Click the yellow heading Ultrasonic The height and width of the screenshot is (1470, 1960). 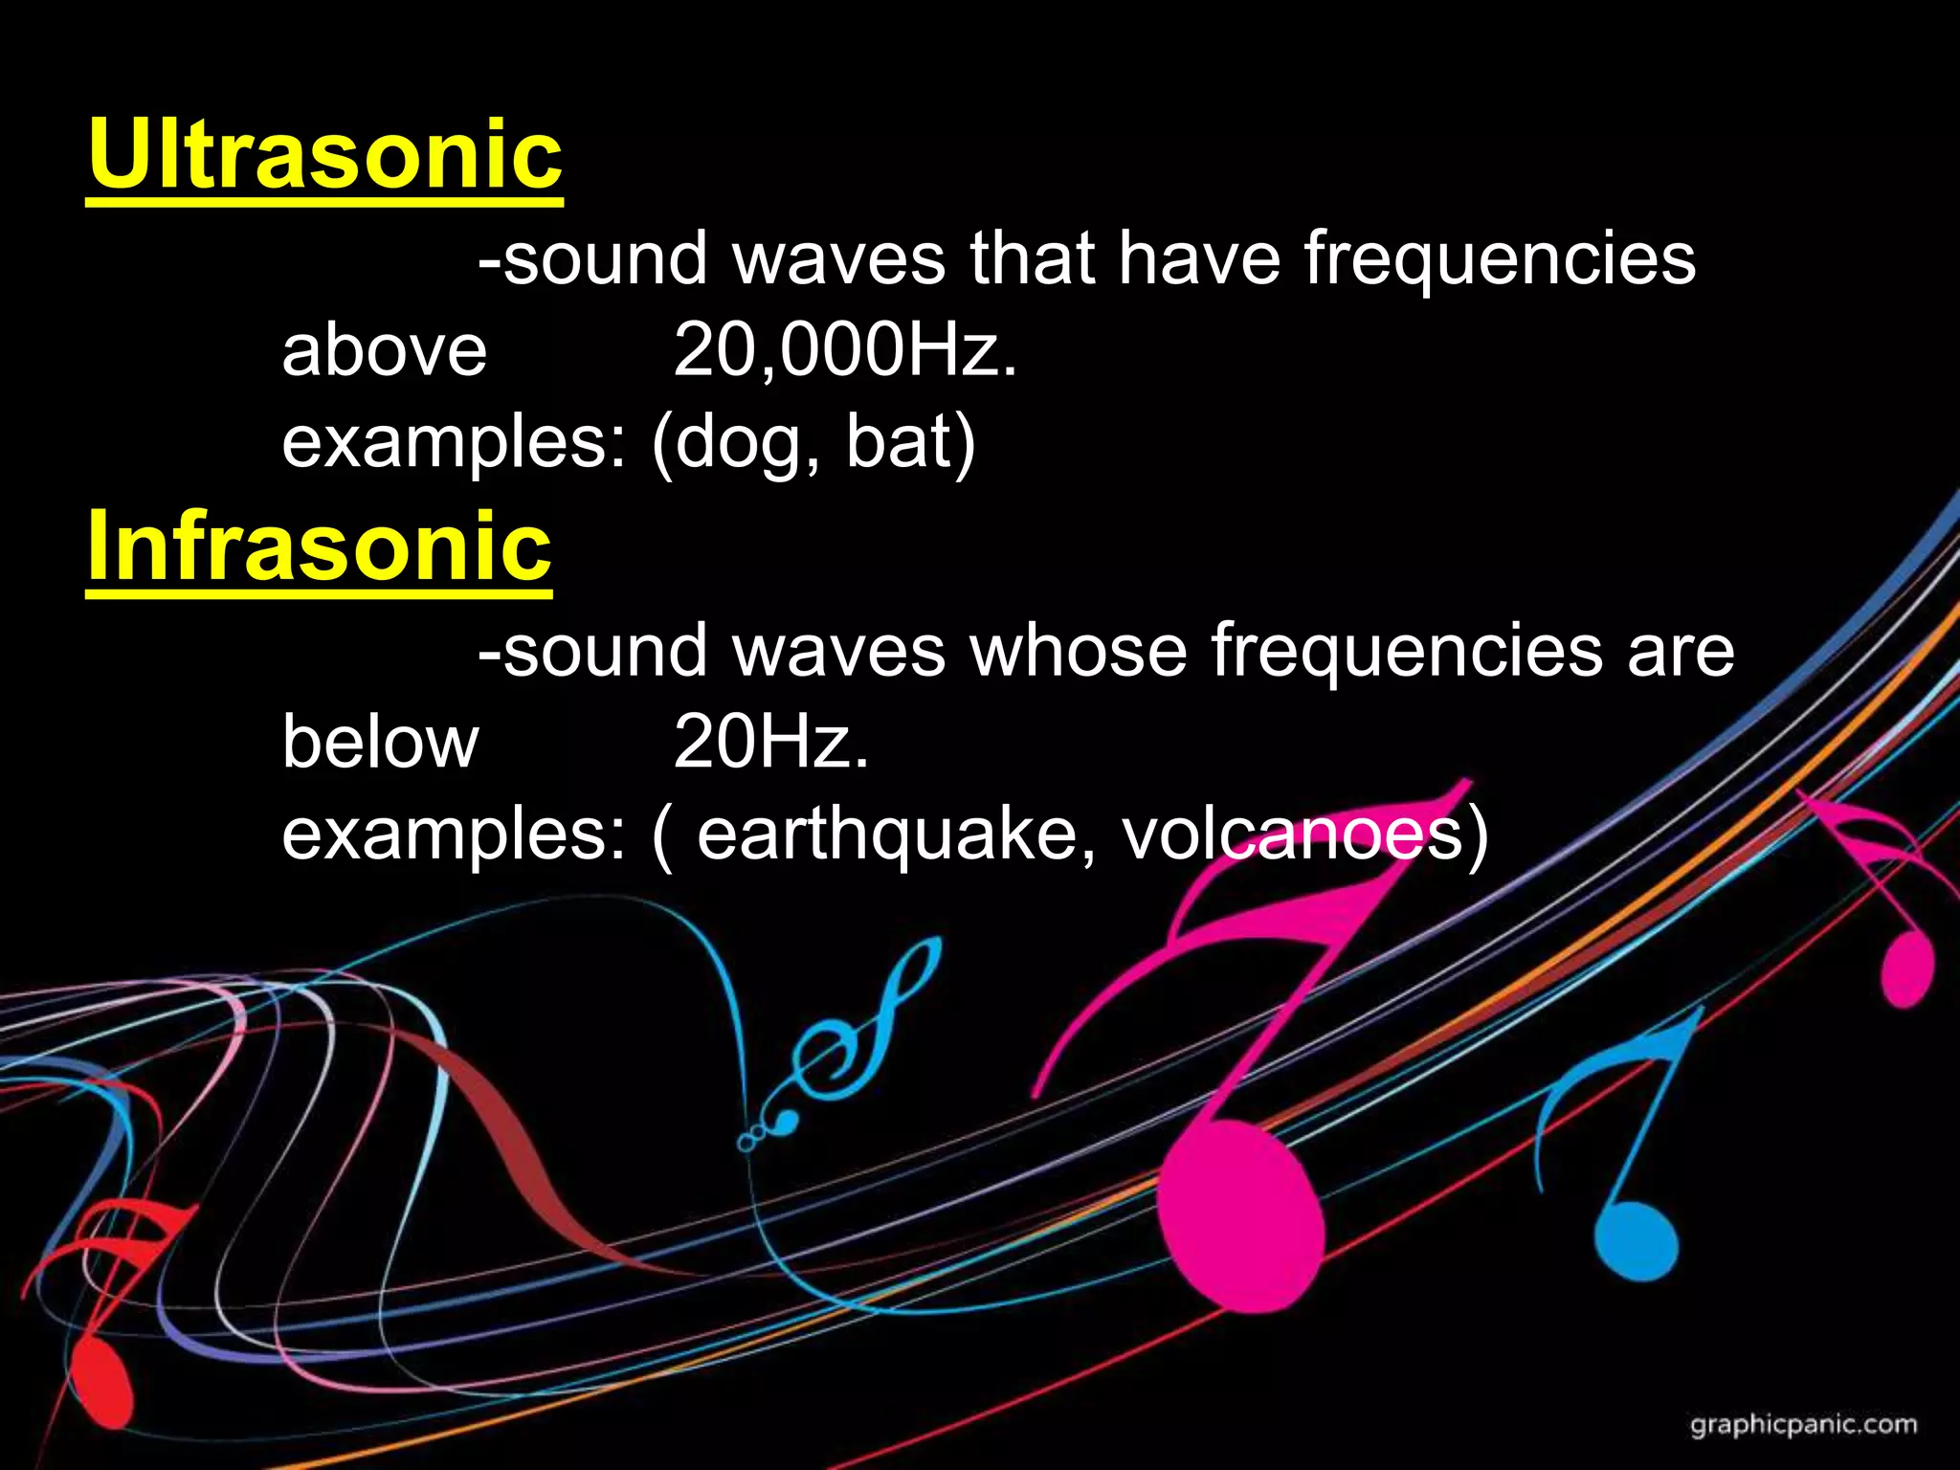tap(324, 155)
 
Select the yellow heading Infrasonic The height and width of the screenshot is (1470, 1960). tap(319, 546)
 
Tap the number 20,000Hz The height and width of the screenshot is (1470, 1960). tap(844, 350)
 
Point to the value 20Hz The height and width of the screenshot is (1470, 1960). tap(771, 743)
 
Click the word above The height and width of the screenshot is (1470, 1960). tap(384, 350)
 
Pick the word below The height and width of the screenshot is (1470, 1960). tap(380, 743)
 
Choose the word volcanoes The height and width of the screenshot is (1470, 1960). tap(1293, 835)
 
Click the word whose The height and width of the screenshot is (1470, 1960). tap(1079, 651)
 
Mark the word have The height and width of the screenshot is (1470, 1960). tap(1200, 258)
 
